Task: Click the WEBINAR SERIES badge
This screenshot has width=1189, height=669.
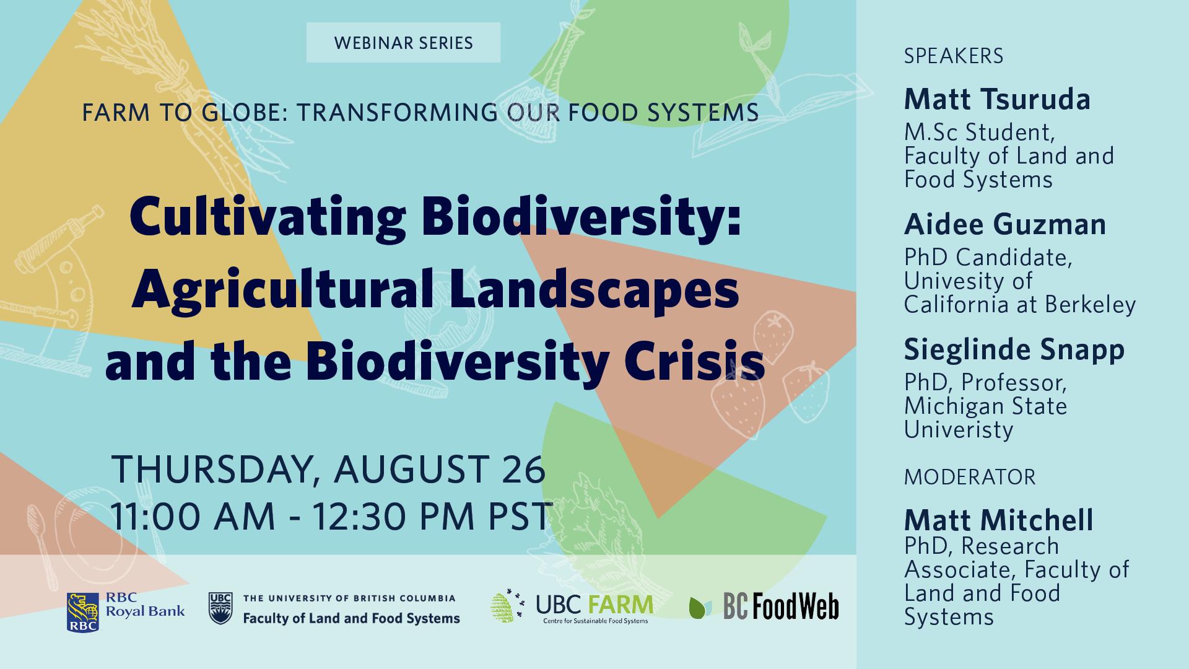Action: point(403,43)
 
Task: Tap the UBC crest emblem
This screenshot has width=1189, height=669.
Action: point(220,608)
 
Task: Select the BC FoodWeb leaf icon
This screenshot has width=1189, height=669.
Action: point(700,608)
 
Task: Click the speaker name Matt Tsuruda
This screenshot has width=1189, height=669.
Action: point(997,100)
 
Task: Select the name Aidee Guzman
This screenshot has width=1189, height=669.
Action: point(1005,224)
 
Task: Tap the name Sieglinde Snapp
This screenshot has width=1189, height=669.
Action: point(1014,350)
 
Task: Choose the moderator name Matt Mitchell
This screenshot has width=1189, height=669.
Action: point(999,520)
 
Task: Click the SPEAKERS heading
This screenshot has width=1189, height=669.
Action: point(954,56)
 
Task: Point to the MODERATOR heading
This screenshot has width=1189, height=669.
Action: point(970,477)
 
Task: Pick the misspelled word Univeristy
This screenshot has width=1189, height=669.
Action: point(959,430)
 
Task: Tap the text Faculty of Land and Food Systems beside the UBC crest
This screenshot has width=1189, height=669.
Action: point(351,618)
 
